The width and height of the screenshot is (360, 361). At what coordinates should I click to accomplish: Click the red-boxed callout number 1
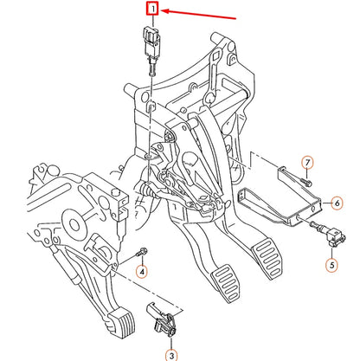pyautogui.click(x=152, y=10)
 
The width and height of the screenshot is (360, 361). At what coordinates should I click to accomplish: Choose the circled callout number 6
pyautogui.click(x=337, y=203)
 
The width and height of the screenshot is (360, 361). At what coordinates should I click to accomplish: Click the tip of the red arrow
pyautogui.click(x=163, y=11)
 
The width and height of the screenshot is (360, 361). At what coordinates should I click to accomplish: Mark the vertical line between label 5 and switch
pyautogui.click(x=331, y=248)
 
